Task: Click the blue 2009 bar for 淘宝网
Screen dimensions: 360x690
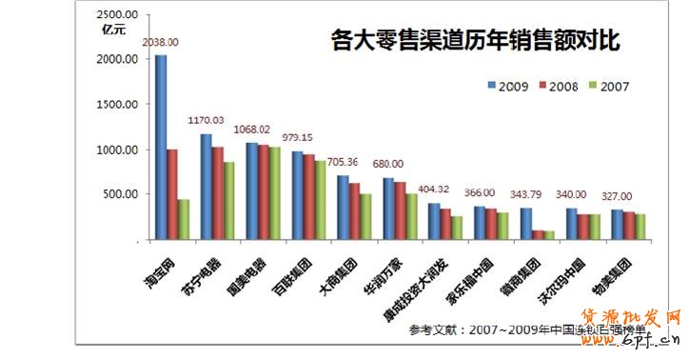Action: point(161,147)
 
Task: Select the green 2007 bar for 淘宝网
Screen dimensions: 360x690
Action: point(183,219)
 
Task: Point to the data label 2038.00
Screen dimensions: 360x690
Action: point(160,43)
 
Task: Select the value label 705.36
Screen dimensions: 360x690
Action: point(341,162)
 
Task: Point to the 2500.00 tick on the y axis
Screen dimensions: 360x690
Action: point(118,14)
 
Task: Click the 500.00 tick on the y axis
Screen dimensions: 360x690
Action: point(122,194)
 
